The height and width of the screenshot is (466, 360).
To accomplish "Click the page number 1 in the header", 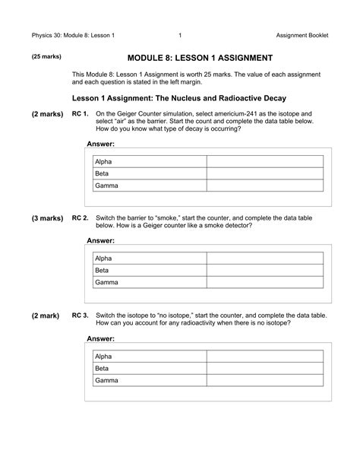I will click(179, 36).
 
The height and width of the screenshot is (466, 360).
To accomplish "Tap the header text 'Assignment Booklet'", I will click(302, 36).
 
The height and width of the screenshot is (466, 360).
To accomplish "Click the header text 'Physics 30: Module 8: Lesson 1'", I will click(73, 36).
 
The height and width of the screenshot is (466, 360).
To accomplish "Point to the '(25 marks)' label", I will click(46, 57).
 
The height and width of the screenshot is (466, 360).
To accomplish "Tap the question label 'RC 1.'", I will click(81, 113).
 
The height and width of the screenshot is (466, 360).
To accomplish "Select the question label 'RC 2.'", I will click(81, 217).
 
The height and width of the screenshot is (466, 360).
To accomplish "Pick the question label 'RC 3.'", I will click(81, 315).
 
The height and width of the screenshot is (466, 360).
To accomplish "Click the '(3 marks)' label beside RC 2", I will click(47, 217).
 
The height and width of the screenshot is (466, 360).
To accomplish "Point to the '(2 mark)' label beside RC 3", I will click(47, 315).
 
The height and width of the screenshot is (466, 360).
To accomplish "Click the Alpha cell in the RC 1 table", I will click(148, 161).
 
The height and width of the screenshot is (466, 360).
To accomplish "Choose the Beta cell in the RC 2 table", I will click(148, 270).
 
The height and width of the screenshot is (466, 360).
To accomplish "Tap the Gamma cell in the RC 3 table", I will click(148, 380).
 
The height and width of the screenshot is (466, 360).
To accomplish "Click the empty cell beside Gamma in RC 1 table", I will click(264, 185).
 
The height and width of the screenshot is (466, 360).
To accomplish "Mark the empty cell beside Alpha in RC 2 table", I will click(264, 258).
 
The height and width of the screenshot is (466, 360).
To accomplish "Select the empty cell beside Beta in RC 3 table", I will click(264, 368).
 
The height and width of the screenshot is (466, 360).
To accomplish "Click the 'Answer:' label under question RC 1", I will click(100, 144).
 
